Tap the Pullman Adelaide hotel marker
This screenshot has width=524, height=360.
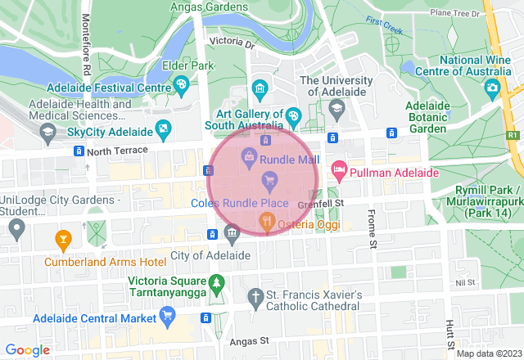[338, 171]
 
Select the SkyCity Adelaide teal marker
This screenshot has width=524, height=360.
[165, 128]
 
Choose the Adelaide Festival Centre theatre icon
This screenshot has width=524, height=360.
[180, 84]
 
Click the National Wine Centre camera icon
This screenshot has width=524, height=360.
[492, 87]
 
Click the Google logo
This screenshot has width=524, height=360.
[28, 349]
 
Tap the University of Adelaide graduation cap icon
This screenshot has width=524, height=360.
[334, 109]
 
